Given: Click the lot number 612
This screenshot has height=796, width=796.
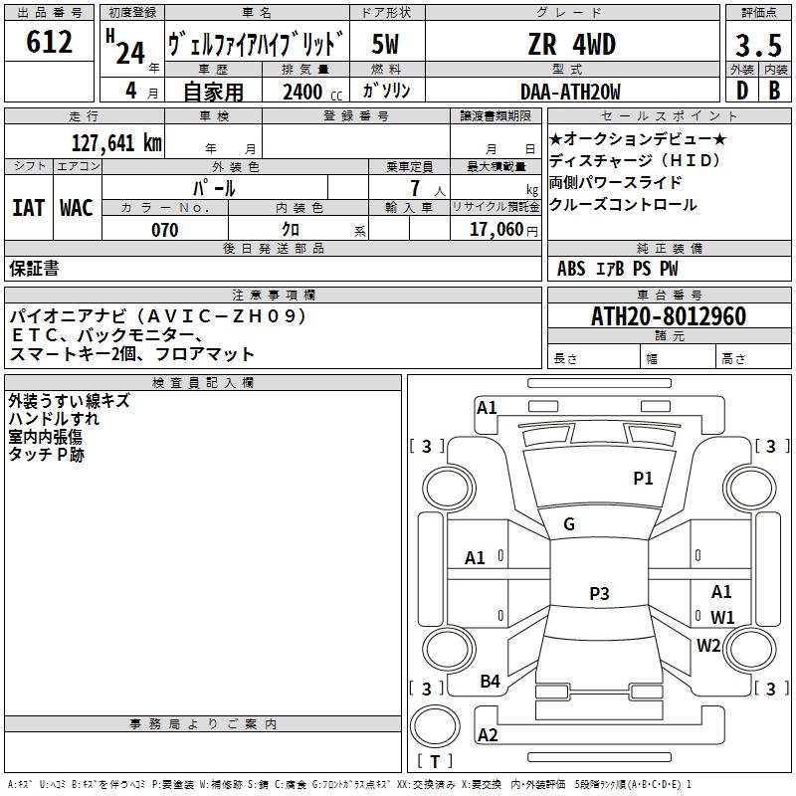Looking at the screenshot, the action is tap(49, 43).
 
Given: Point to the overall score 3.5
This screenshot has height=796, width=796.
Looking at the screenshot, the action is tap(756, 46).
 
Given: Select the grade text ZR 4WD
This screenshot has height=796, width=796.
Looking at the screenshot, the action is tap(571, 45).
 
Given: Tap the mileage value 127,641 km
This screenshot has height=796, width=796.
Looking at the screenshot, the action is tap(117, 142).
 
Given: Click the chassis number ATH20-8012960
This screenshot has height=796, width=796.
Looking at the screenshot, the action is tap(668, 316).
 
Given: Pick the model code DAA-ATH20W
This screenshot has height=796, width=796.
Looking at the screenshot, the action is tap(570, 92).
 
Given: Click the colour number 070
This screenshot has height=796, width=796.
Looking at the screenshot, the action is tap(164, 230).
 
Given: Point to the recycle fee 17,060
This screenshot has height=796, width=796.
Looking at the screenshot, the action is tap(492, 230).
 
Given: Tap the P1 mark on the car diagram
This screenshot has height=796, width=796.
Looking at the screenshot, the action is tap(643, 479).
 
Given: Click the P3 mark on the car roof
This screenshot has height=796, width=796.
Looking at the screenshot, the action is tap(598, 594).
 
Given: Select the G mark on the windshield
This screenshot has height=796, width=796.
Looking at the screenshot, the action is tap(569, 524).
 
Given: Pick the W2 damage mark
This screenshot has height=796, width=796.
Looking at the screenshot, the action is tap(708, 645).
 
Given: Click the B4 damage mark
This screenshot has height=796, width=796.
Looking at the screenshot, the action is tap(490, 682).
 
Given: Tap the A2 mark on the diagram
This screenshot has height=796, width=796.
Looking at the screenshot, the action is tap(488, 735).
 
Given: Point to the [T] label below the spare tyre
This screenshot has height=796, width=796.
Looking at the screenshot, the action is tap(435, 762).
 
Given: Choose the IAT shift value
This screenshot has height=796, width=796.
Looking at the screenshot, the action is tap(28, 208).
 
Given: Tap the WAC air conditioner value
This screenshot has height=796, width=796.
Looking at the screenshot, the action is tap(77, 208).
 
